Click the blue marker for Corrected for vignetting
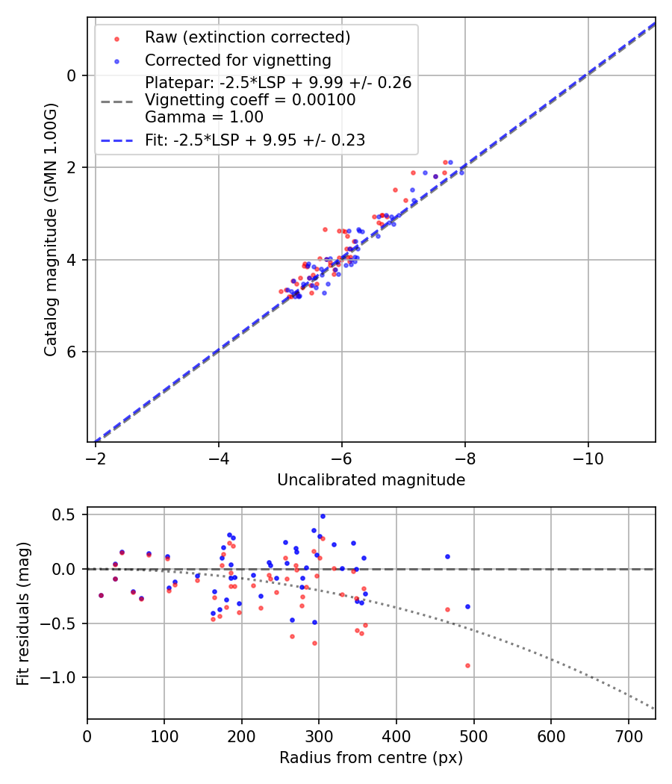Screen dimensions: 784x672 point(116,60)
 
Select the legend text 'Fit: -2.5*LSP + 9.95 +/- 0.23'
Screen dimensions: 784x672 point(255,140)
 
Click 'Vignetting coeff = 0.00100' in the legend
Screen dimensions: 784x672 point(250,100)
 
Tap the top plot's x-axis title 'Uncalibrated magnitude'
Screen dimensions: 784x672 point(371,480)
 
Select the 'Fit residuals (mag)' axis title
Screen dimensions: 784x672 point(23,612)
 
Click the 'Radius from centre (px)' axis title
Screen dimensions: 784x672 point(371,758)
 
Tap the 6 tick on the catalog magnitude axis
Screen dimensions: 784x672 point(72,352)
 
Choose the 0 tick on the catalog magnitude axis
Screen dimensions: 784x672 point(72,75)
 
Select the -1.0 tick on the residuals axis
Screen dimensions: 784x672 point(64,677)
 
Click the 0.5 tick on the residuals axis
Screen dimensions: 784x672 point(67,515)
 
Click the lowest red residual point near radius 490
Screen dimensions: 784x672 point(467,665)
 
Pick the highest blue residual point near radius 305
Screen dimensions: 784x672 point(323,516)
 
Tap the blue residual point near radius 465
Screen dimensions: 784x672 point(447,556)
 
